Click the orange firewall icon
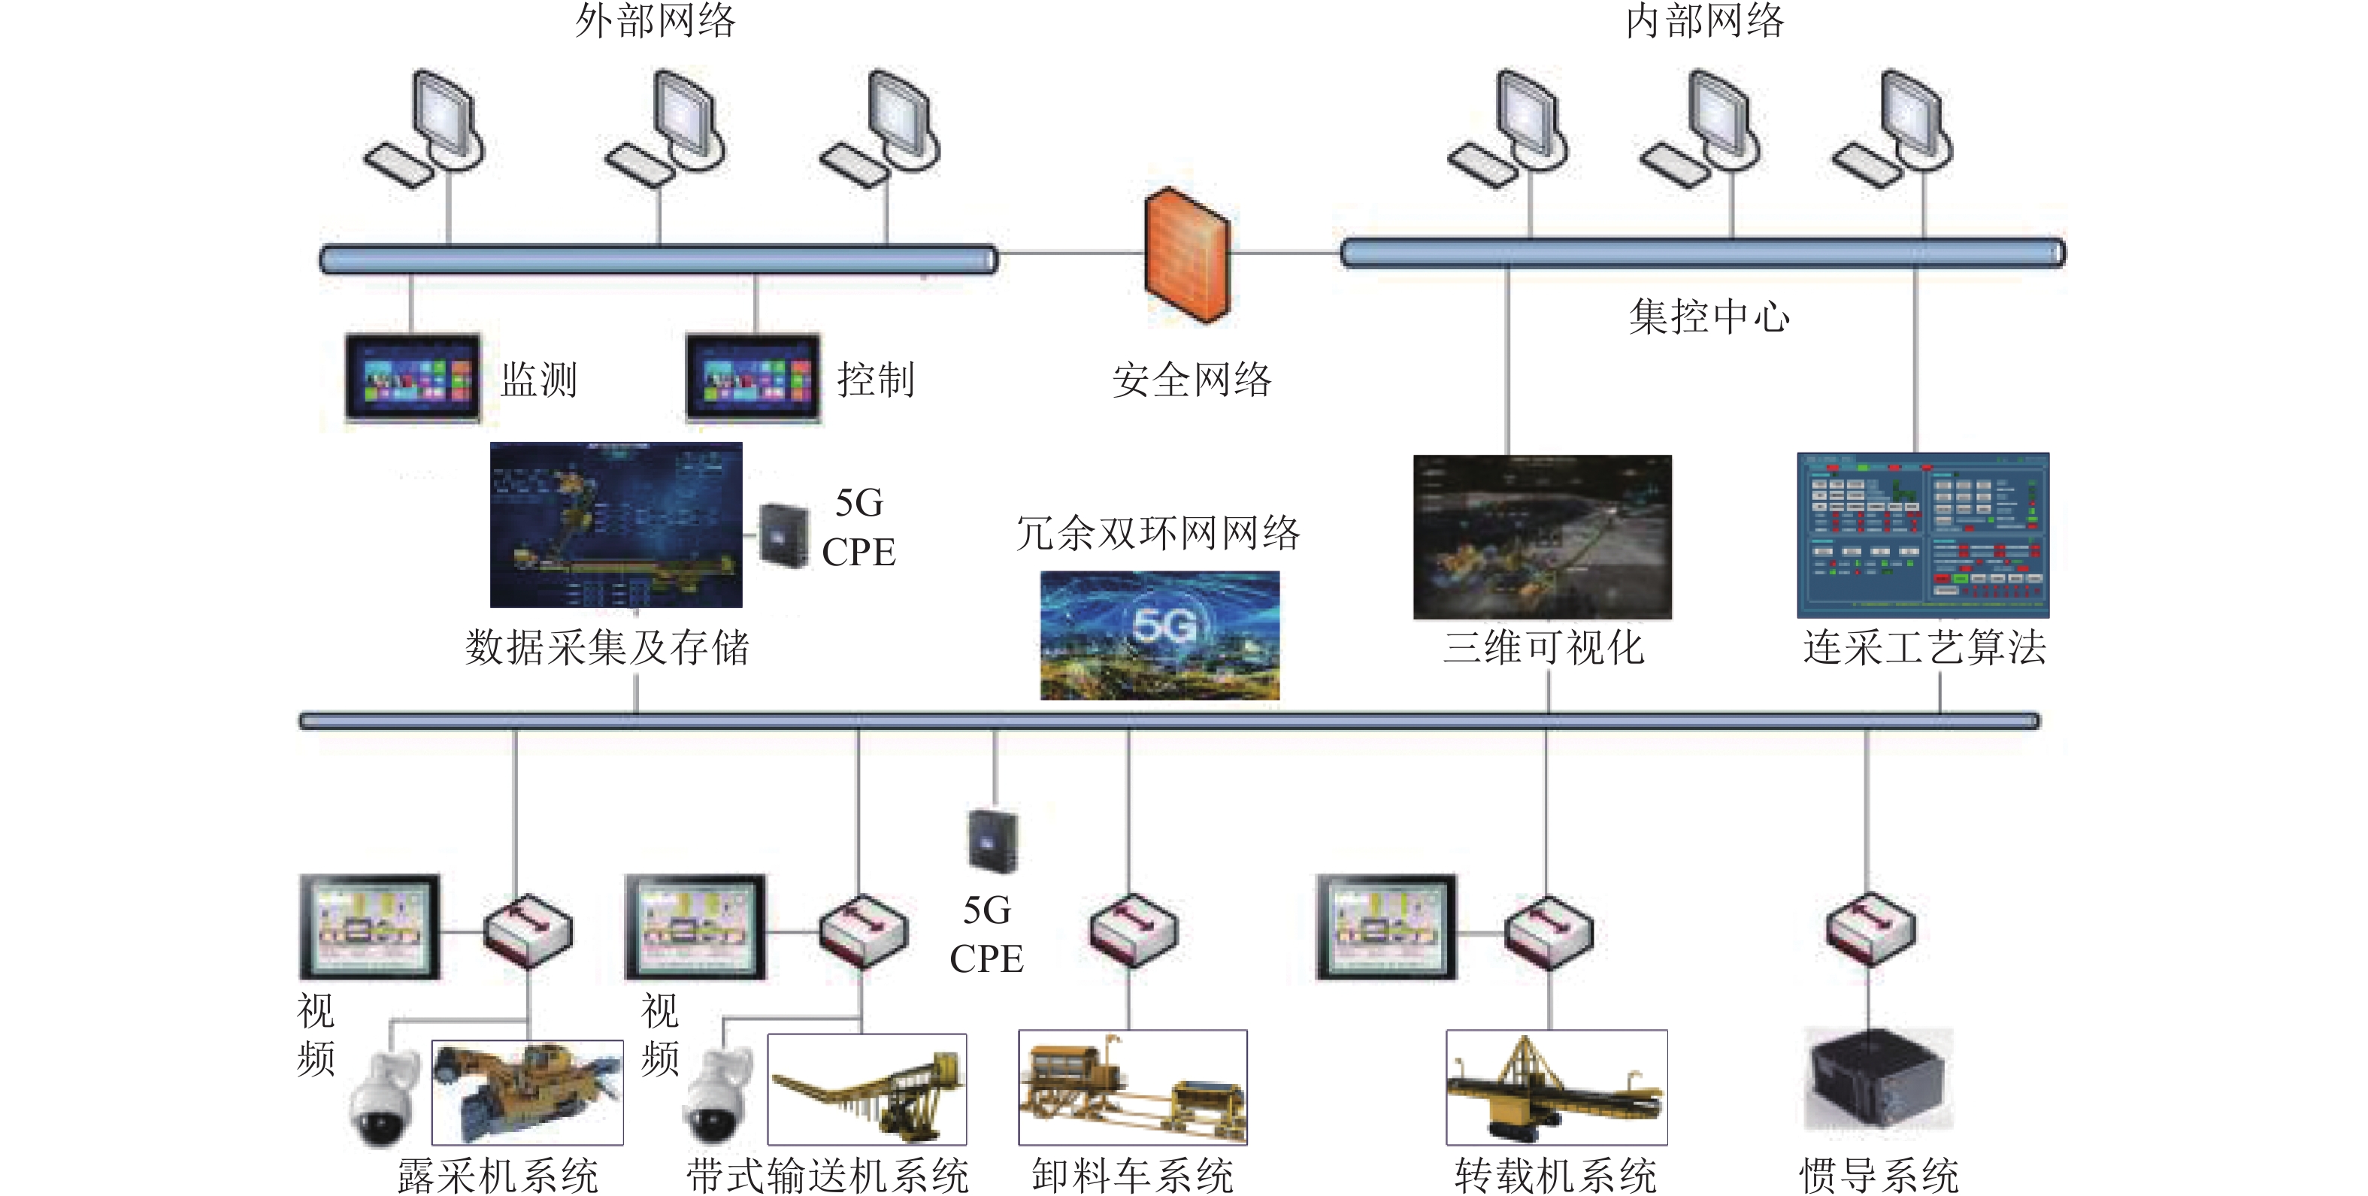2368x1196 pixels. click(x=1186, y=255)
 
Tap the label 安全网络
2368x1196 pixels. click(x=1192, y=380)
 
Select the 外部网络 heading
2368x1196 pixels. click(x=656, y=21)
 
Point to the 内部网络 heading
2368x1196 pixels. click(x=1704, y=21)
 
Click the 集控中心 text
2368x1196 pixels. click(x=1709, y=317)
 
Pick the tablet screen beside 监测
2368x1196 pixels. click(x=413, y=378)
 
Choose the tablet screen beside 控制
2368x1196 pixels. click(x=752, y=378)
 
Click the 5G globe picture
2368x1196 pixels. click(x=1159, y=634)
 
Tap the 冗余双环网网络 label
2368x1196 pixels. click(x=1158, y=533)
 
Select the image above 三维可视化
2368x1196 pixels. click(x=1542, y=537)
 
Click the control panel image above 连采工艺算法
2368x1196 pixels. click(x=1922, y=535)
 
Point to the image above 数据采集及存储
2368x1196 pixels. click(x=616, y=525)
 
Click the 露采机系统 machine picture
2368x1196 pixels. click(x=527, y=1092)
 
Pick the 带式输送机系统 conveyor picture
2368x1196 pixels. click(x=866, y=1089)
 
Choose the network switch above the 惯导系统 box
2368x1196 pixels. click(x=1870, y=928)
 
